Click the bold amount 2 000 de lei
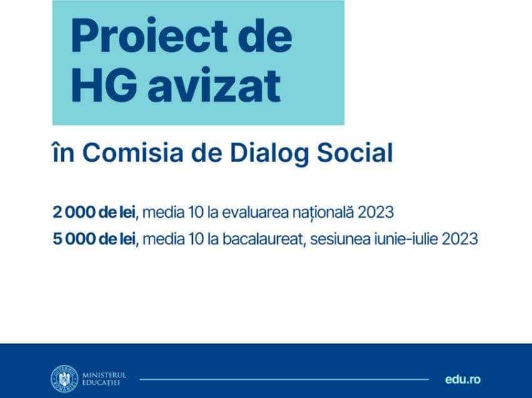pyautogui.click(x=97, y=212)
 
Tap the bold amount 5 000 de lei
pyautogui.click(x=97, y=239)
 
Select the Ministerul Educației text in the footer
pyautogui.click(x=104, y=379)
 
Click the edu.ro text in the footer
pyautogui.click(x=463, y=379)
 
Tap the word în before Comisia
pyautogui.click(x=63, y=153)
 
